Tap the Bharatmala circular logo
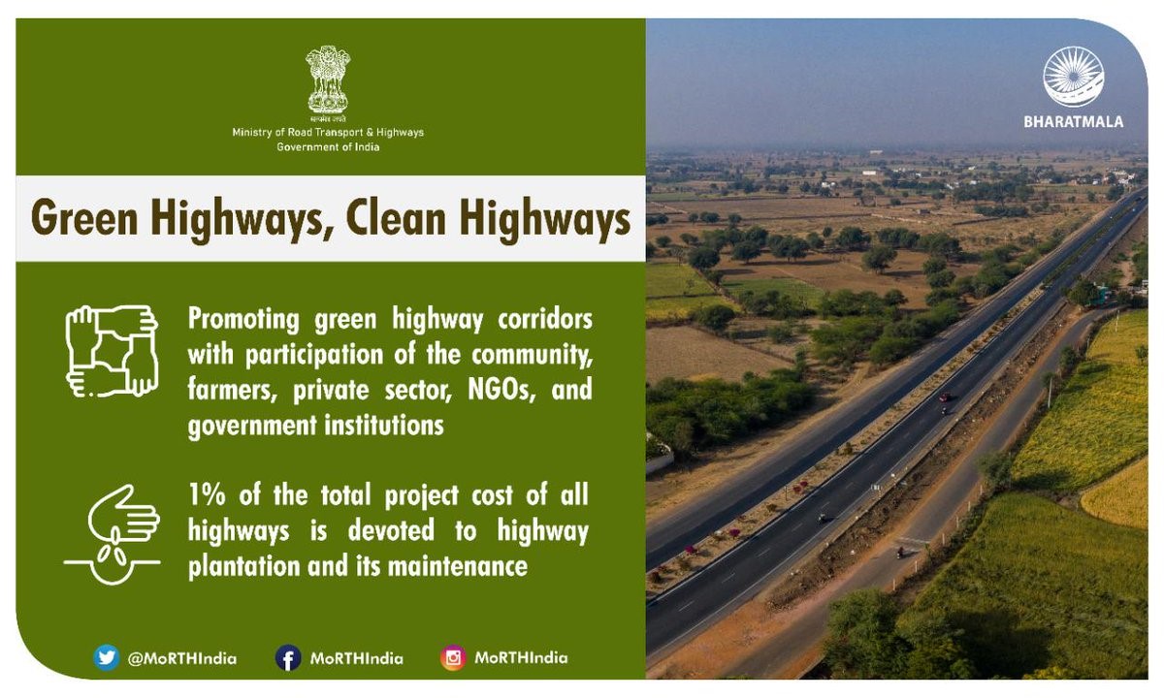1073,77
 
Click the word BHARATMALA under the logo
1073,122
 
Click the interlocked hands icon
112,351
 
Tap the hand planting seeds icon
112,534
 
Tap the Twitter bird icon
107,658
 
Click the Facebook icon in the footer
288,658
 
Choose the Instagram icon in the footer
453,658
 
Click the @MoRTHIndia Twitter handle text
181,658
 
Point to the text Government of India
328,147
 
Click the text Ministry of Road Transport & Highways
328,132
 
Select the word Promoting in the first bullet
244,319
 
